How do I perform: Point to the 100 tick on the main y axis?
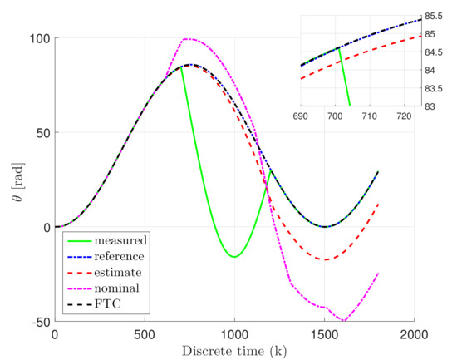40,38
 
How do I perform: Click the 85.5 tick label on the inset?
435,16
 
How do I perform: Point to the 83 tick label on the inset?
430,106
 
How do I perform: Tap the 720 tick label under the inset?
409,116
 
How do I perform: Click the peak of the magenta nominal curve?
187,38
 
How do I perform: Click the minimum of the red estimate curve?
326,259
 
